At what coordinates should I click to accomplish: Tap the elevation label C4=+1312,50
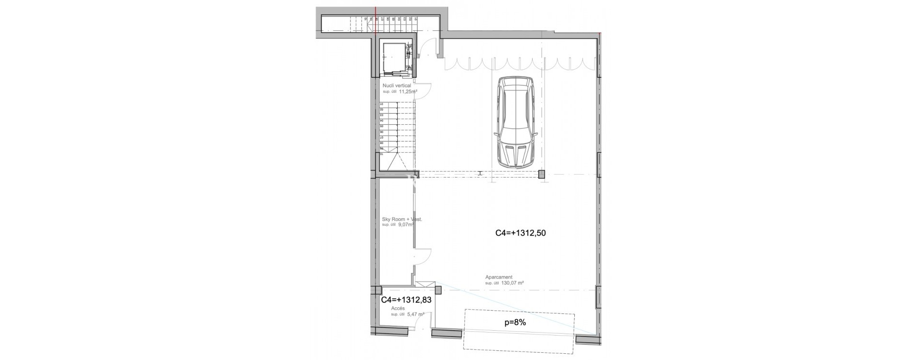(521, 234)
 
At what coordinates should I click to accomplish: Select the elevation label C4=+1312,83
(406, 300)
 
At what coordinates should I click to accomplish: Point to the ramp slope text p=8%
(515, 323)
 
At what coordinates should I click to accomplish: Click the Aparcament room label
(499, 277)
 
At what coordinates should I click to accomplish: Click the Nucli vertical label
(397, 85)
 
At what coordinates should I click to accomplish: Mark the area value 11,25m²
(408, 91)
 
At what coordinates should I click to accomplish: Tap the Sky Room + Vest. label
(401, 219)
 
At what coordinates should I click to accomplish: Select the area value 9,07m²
(406, 224)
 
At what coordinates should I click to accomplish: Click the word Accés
(398, 308)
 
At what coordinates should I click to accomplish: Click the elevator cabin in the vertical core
(394, 57)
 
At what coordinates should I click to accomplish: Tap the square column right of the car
(542, 175)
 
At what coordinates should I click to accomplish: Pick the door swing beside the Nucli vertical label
(424, 91)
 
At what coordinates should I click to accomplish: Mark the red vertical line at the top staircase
(376, 19)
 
